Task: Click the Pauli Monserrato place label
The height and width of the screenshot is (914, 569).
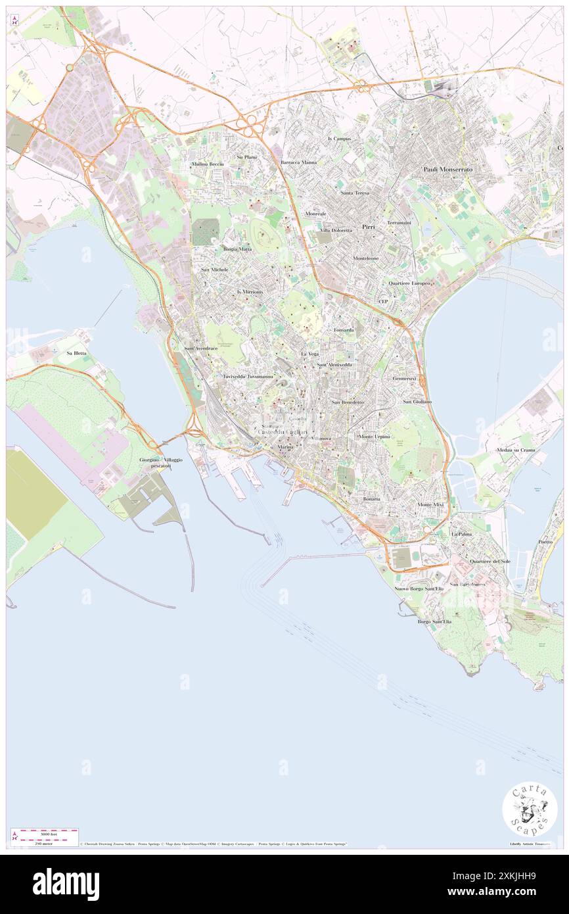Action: pyautogui.click(x=447, y=169)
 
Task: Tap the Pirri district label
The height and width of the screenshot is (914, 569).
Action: pyautogui.click(x=368, y=226)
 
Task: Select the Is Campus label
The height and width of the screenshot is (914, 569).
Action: pyautogui.click(x=339, y=139)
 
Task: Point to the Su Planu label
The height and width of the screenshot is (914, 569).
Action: pyautogui.click(x=247, y=157)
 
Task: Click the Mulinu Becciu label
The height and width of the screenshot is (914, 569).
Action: pyautogui.click(x=208, y=164)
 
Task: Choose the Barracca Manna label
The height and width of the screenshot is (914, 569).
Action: pyautogui.click(x=298, y=162)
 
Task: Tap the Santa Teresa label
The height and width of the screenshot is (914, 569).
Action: pyautogui.click(x=355, y=193)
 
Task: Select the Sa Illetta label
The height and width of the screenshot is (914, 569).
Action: pyautogui.click(x=76, y=353)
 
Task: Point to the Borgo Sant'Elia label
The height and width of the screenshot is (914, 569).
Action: pyautogui.click(x=433, y=621)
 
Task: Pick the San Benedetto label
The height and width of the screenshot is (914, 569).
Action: pyautogui.click(x=348, y=402)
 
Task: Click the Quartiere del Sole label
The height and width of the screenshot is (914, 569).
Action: pyautogui.click(x=490, y=561)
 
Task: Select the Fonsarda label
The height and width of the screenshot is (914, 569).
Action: pyautogui.click(x=344, y=329)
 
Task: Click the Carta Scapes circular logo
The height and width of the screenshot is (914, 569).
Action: pyautogui.click(x=530, y=810)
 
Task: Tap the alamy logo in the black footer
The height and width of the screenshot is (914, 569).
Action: pyautogui.click(x=66, y=884)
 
